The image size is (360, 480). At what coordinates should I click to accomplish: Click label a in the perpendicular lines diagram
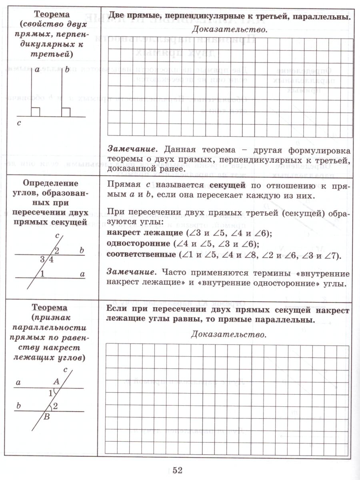click(37, 70)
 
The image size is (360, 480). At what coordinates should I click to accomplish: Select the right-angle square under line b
click(66, 112)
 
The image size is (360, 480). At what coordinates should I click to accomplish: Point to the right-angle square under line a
click(36, 112)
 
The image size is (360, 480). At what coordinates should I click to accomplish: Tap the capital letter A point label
click(56, 382)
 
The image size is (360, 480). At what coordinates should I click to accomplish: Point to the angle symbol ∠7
click(330, 255)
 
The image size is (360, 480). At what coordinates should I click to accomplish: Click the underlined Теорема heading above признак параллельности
click(50, 308)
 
